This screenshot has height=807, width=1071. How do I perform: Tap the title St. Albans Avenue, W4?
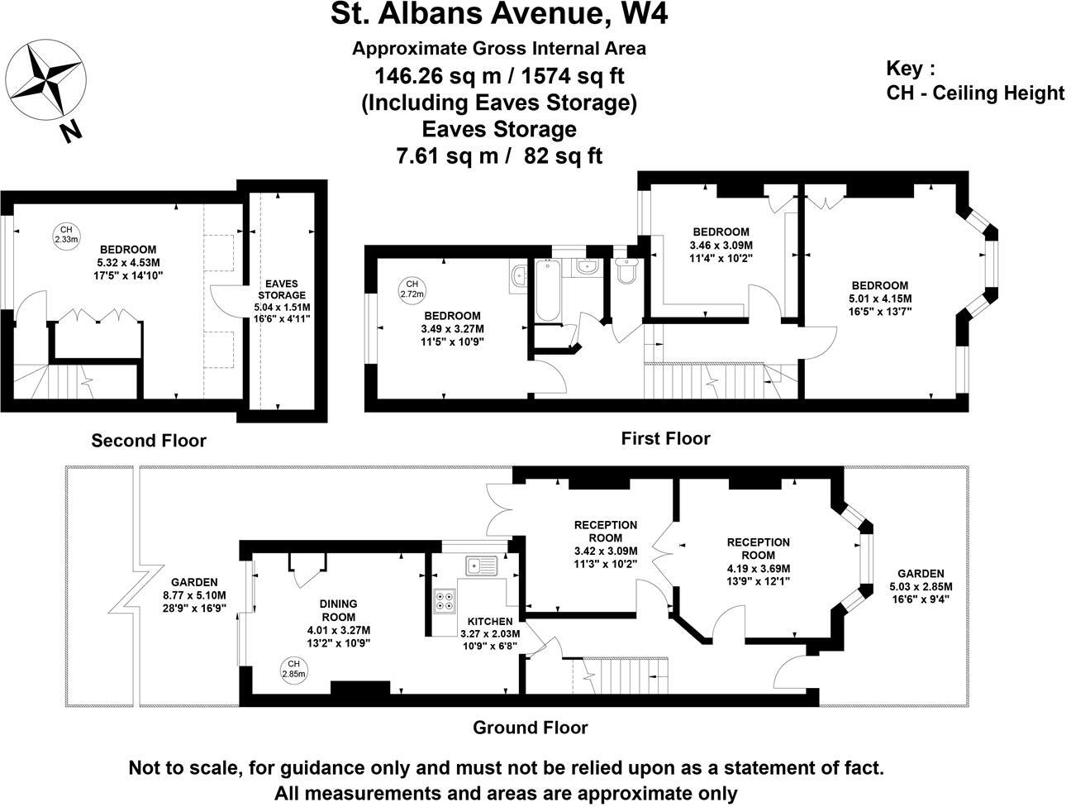tap(499, 14)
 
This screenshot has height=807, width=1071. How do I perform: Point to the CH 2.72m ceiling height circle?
tap(412, 288)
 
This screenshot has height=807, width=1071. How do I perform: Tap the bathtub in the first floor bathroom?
tap(547, 290)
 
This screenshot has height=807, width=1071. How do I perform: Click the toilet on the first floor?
tap(626, 270)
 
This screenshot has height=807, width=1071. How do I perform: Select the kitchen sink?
tap(480, 566)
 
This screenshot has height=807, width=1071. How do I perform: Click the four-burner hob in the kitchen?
tap(444, 599)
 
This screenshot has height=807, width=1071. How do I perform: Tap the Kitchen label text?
tap(490, 622)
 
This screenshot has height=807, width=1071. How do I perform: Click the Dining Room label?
tap(338, 611)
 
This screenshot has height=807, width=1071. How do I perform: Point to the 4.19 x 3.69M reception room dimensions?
tap(758, 568)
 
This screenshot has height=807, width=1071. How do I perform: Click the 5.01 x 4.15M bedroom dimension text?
tap(879, 298)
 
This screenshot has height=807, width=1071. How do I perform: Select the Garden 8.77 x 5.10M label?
tap(195, 595)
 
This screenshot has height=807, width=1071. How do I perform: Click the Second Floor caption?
tap(149, 441)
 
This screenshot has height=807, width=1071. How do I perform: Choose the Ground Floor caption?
tap(530, 728)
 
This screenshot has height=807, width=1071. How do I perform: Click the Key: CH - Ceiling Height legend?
tap(974, 81)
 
